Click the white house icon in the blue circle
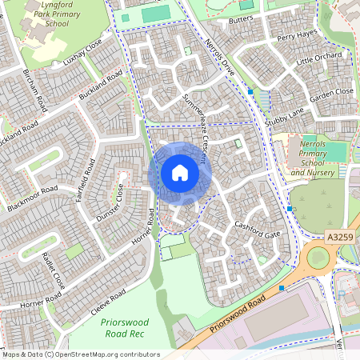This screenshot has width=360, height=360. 180,173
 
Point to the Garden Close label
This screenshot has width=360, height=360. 331,93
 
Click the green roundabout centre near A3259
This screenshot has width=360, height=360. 318,258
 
